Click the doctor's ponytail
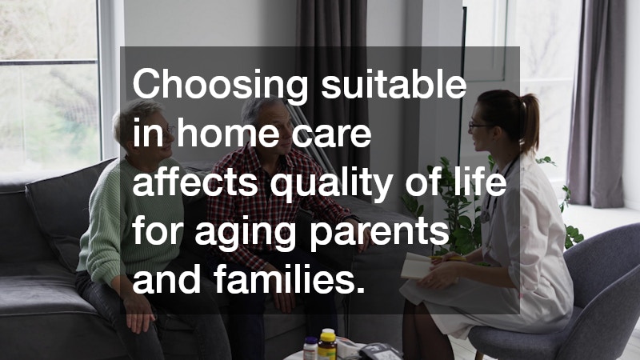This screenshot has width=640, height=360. tap(529, 120)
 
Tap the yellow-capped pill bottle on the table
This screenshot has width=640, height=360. tap(327, 344)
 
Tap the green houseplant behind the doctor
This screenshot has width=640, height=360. tap(448, 216)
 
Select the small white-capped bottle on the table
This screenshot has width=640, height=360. tap(310, 349)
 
